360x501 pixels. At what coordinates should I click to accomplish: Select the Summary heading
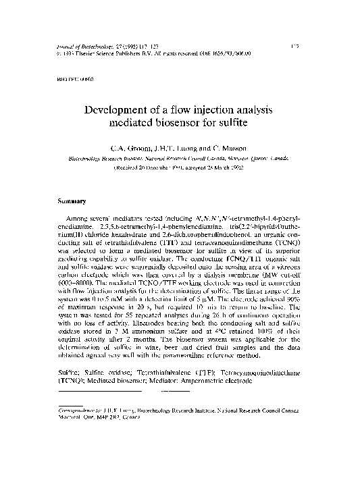(x=71, y=201)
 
